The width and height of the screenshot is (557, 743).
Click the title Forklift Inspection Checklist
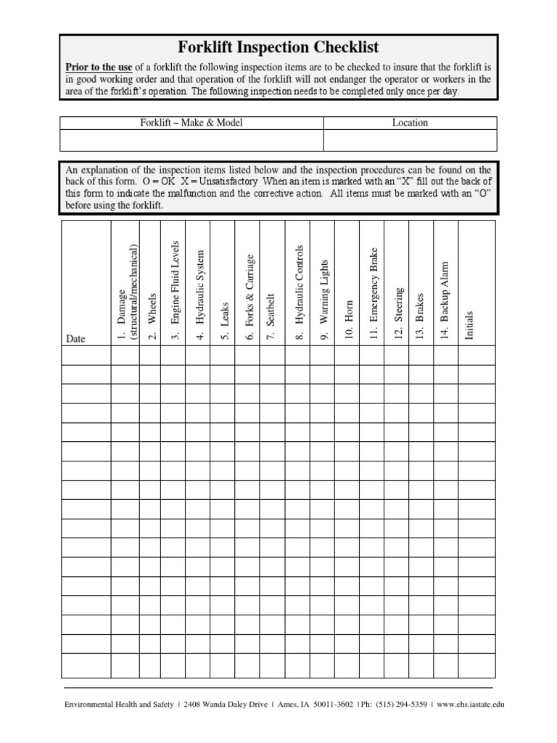click(x=278, y=48)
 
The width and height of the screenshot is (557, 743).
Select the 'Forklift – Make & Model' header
click(x=191, y=123)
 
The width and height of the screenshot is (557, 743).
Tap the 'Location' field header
click(x=410, y=123)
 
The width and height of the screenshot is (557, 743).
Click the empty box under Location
click(x=410, y=140)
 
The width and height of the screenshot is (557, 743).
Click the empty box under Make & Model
click(x=191, y=140)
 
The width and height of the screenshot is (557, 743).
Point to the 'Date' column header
click(x=76, y=338)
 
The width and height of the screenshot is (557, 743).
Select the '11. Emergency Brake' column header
click(x=374, y=293)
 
